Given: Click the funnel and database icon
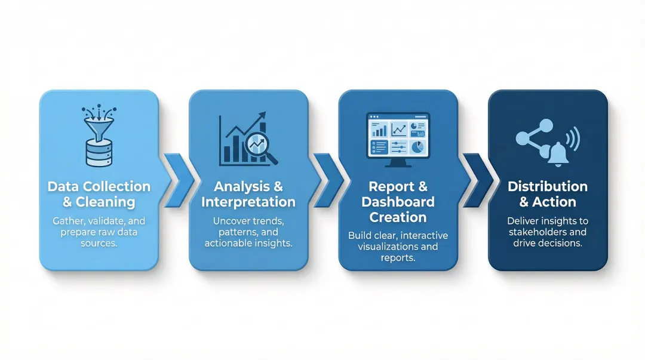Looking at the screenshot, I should pyautogui.click(x=99, y=136).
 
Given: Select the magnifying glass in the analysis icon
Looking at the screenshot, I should pyautogui.click(x=261, y=147).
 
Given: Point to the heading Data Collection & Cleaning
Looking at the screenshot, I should pyautogui.click(x=99, y=194).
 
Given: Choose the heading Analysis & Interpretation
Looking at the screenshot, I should pyautogui.click(x=248, y=194).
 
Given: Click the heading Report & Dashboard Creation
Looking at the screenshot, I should pyautogui.click(x=398, y=201).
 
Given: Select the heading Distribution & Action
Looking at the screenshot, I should pyautogui.click(x=548, y=194).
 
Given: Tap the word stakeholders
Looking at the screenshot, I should pyautogui.click(x=548, y=232).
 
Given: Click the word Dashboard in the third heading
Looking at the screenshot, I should pyautogui.click(x=398, y=202).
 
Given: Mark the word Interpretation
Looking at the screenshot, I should pyautogui.click(x=248, y=202).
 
